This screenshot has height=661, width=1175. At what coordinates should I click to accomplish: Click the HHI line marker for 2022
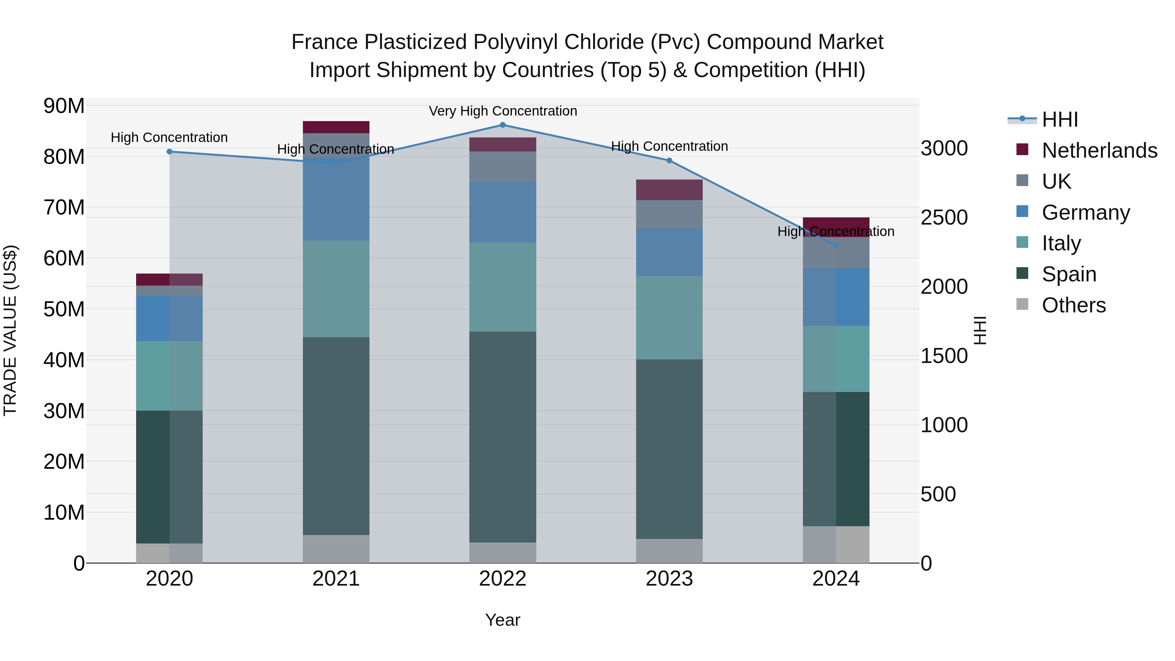503,125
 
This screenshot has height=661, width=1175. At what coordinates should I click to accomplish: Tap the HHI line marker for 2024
836,246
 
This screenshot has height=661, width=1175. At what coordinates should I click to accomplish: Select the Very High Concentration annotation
503,111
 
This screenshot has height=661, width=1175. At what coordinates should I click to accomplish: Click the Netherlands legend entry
1099,150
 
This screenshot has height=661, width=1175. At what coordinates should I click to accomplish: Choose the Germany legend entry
1086,212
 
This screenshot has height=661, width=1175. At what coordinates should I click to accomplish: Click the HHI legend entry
1059,119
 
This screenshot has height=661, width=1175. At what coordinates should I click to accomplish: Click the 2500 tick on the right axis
944,218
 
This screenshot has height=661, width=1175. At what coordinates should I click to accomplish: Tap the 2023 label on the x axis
669,579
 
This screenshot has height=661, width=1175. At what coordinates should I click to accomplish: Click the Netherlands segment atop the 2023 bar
669,190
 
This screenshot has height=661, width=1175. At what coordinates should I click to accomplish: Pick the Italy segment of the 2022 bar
503,287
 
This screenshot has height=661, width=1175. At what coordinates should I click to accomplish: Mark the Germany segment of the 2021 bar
336,201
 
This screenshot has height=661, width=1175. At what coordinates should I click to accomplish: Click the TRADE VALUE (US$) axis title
10,330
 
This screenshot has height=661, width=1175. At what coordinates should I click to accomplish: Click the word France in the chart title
324,42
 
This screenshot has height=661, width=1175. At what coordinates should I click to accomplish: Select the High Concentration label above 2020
169,137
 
